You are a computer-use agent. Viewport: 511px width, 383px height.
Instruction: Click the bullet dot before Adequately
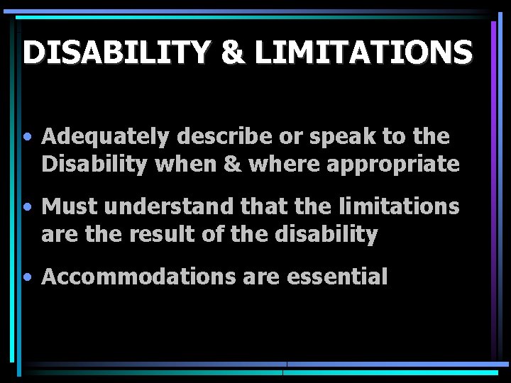26,136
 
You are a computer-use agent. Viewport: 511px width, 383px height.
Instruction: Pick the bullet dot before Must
26,207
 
